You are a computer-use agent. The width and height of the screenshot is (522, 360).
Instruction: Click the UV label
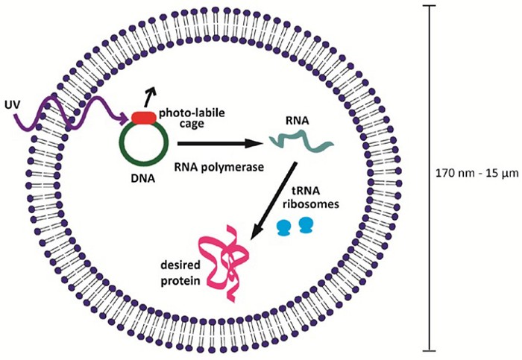[x=12, y=102]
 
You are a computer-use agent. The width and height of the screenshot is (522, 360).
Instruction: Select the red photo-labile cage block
[x=145, y=116]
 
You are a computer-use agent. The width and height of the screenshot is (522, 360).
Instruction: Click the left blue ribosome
[x=283, y=226]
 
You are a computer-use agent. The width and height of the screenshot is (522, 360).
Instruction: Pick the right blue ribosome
[x=304, y=224]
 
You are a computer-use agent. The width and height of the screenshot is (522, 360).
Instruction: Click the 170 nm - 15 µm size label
[x=477, y=174]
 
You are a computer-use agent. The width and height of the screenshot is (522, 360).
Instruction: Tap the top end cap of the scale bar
[x=430, y=6]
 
